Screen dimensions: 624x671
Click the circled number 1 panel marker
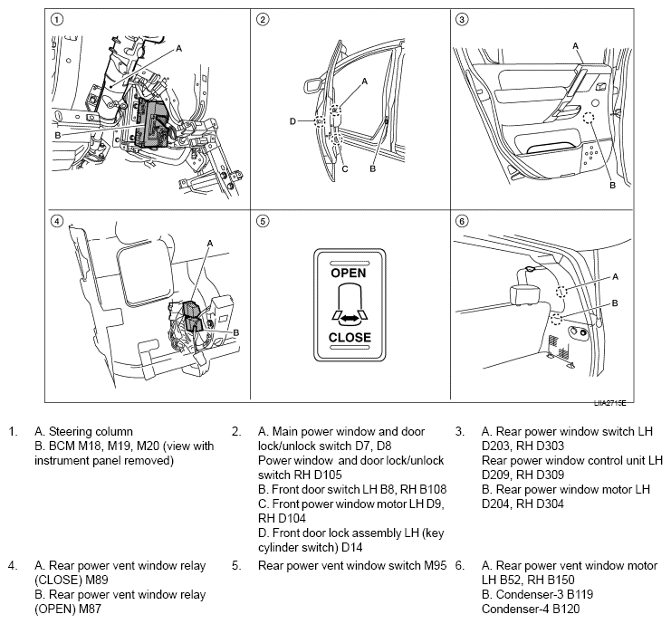[x=57, y=19]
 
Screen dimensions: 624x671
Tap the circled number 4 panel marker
[x=57, y=220]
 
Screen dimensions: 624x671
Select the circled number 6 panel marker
[x=461, y=220]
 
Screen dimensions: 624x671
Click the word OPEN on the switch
[x=350, y=272]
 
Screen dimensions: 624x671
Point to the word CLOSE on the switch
[x=350, y=337]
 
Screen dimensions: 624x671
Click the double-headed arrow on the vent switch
[x=350, y=315]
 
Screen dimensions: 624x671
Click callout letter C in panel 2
[x=345, y=168]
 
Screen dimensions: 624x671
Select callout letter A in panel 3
[x=575, y=44]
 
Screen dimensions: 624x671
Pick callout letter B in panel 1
[x=58, y=135]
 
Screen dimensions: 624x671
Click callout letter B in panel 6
[x=615, y=302]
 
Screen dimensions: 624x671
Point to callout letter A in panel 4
[x=209, y=243]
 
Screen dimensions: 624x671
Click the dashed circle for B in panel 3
[x=590, y=120]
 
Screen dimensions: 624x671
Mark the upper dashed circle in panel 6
[x=562, y=292]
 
